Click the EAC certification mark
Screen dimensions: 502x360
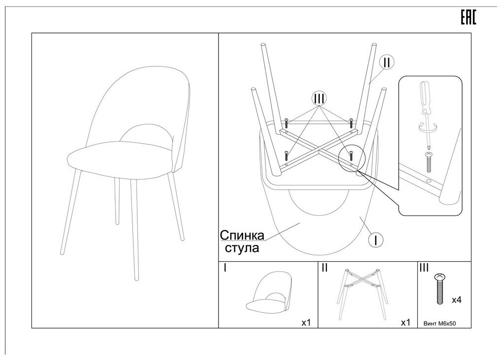pos(468,18)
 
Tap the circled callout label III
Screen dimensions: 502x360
pos(319,99)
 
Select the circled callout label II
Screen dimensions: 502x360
pos(386,62)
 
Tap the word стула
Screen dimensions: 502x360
pos(242,248)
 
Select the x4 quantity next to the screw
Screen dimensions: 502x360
pos(456,299)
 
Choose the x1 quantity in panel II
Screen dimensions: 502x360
pos(406,323)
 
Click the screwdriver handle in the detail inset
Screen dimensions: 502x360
pos(424,96)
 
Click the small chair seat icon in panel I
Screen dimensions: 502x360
pos(268,295)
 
